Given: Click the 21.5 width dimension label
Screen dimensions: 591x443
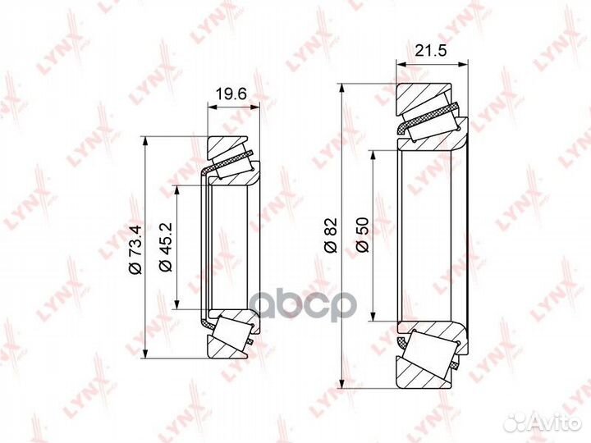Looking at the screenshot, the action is click(x=430, y=50).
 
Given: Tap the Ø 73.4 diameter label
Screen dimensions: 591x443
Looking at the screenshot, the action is click(x=135, y=250).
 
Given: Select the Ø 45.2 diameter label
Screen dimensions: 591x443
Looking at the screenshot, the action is click(x=166, y=247).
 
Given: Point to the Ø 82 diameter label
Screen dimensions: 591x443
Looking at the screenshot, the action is click(x=331, y=235).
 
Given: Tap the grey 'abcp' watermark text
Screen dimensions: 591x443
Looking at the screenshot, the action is click(x=304, y=304).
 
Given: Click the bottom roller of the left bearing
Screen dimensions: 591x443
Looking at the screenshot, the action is click(x=231, y=331).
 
